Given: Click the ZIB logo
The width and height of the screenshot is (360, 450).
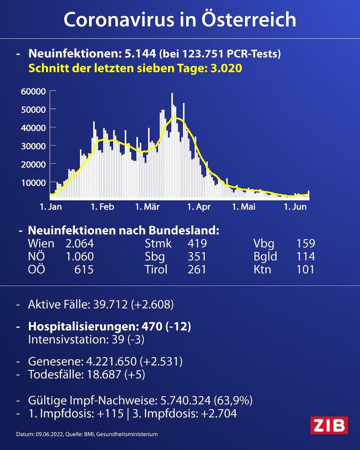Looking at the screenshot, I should pyautogui.click(x=329, y=425).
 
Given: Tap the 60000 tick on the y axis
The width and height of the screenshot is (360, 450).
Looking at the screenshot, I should pyautogui.click(x=33, y=91).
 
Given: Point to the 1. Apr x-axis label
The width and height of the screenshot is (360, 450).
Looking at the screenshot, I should pyautogui.click(x=198, y=207).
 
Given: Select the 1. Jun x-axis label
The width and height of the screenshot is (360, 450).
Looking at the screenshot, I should pyautogui.click(x=295, y=207).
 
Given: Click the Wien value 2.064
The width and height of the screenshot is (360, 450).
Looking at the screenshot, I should pyautogui.click(x=80, y=243).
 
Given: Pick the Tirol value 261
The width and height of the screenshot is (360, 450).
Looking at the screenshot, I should pyautogui.click(x=197, y=269).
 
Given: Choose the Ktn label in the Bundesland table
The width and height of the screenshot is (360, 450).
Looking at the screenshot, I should pyautogui.click(x=262, y=269).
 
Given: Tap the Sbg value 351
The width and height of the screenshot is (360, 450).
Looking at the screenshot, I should pyautogui.click(x=197, y=256).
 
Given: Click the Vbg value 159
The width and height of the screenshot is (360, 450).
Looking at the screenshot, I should pyautogui.click(x=305, y=243).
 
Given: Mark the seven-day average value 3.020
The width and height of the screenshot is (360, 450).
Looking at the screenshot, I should pyautogui.click(x=225, y=68).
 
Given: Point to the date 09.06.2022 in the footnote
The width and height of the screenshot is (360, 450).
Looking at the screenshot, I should pyautogui.click(x=50, y=434).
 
